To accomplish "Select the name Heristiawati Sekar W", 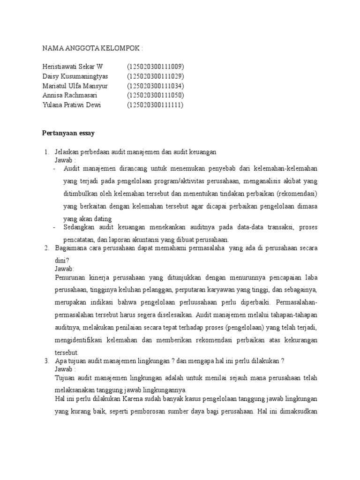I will [73, 67].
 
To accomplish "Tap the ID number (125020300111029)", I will [155, 76].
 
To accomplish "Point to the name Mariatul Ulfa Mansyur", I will [75, 86].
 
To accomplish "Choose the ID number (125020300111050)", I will [155, 95].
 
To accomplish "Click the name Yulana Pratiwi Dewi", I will [71, 105].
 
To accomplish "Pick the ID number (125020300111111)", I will [155, 105].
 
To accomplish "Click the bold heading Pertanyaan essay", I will [68, 133].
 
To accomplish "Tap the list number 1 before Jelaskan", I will [46, 152].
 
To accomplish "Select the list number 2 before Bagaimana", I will [46, 247].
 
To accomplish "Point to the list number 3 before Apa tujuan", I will [46, 361].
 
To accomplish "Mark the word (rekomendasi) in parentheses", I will [297, 193].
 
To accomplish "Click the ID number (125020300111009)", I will [155, 67].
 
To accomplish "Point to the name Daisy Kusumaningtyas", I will [75, 76].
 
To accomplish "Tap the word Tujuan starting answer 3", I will [65, 377].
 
